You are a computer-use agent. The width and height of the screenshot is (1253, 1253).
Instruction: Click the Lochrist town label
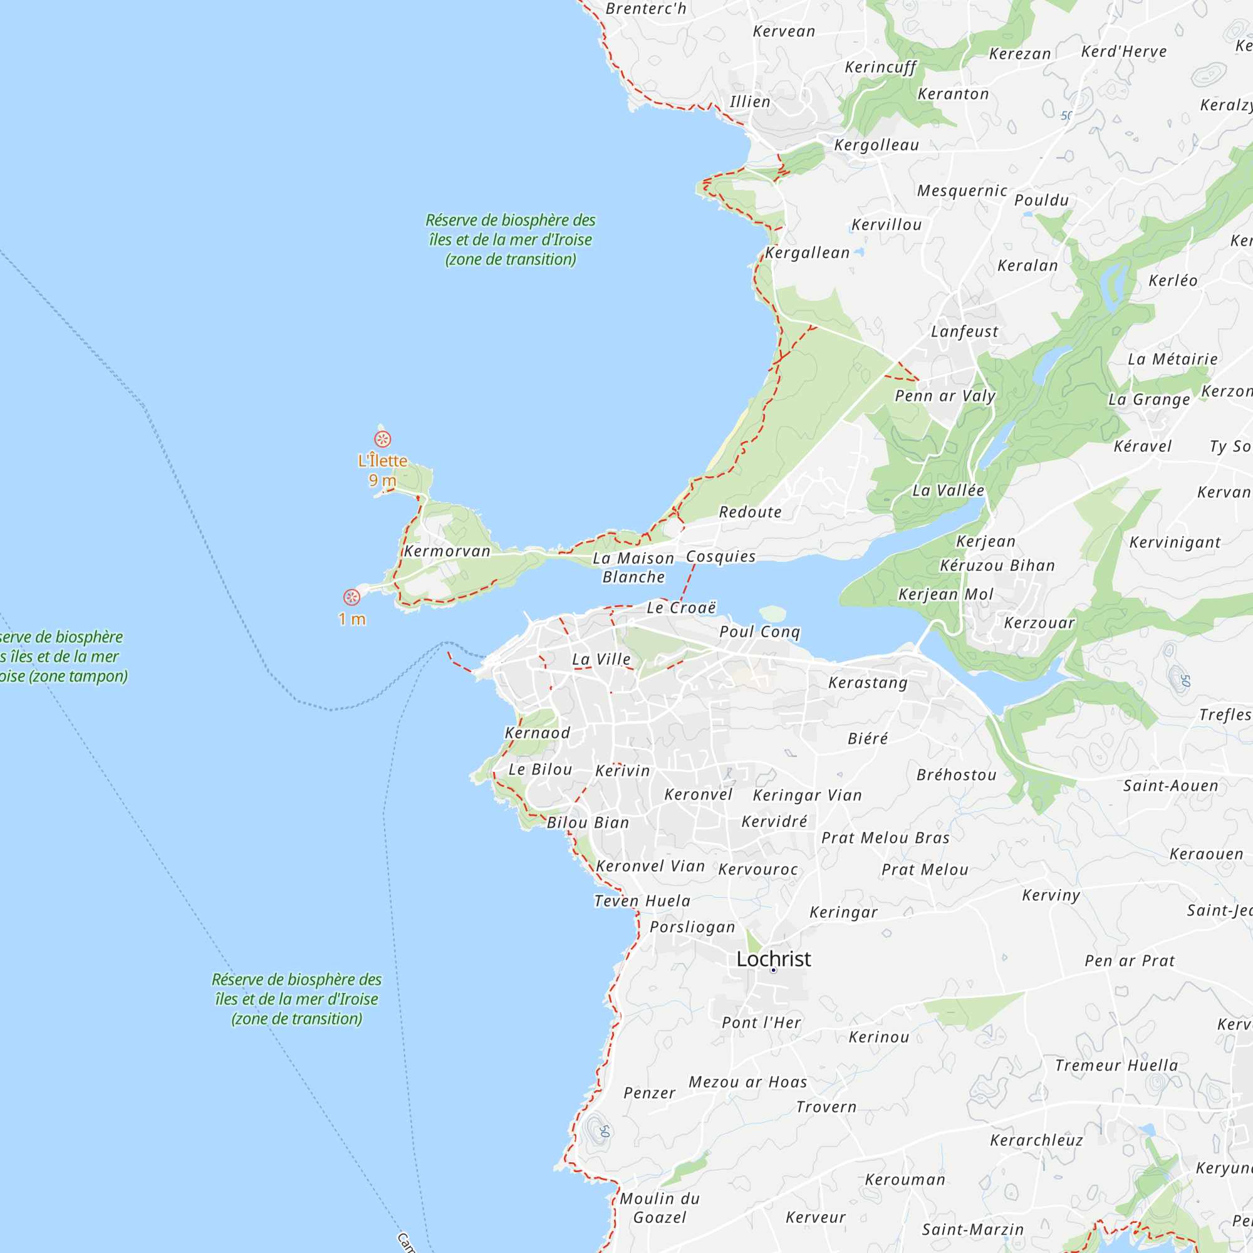click(x=773, y=959)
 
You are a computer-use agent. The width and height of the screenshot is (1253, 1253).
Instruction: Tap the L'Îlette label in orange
click(x=383, y=460)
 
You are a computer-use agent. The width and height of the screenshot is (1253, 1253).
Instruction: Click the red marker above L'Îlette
click(x=383, y=439)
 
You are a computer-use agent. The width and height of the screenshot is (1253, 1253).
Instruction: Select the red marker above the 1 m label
click(x=351, y=597)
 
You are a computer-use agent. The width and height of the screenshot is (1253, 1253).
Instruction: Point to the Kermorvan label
click(x=447, y=551)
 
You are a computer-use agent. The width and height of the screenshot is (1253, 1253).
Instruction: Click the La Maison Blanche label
click(x=633, y=568)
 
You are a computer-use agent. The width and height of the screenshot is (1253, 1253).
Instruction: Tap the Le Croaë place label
click(x=682, y=608)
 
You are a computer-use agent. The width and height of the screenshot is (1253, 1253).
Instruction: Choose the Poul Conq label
click(x=759, y=632)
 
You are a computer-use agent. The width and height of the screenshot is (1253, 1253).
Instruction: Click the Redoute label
click(x=751, y=512)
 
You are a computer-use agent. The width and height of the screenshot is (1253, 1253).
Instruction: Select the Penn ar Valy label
click(x=945, y=395)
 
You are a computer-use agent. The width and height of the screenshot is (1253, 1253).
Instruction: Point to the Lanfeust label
click(x=964, y=331)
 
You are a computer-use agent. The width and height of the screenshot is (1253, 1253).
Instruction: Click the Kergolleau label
click(x=876, y=145)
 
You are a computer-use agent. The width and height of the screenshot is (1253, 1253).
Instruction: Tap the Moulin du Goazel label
click(x=660, y=1208)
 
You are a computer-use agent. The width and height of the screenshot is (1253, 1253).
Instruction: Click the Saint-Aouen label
click(x=1171, y=786)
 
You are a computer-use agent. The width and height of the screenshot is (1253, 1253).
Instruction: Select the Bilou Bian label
click(x=588, y=823)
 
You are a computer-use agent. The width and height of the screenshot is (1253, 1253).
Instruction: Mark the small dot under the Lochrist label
click(x=773, y=970)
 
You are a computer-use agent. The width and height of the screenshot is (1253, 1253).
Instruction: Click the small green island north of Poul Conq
click(x=772, y=613)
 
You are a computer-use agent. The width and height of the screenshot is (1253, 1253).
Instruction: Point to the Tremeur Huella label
click(x=1116, y=1065)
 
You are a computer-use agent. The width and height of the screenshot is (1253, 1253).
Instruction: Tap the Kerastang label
click(x=868, y=682)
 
